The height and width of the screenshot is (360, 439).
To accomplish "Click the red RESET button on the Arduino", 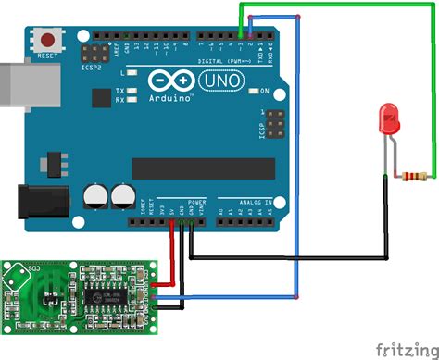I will [46, 41].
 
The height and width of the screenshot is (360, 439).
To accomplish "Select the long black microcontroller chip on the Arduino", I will [204, 168].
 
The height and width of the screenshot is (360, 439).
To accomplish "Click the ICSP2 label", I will [90, 67].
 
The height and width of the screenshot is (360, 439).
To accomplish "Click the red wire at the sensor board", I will [162, 285].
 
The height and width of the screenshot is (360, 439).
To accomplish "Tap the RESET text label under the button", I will [46, 56].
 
